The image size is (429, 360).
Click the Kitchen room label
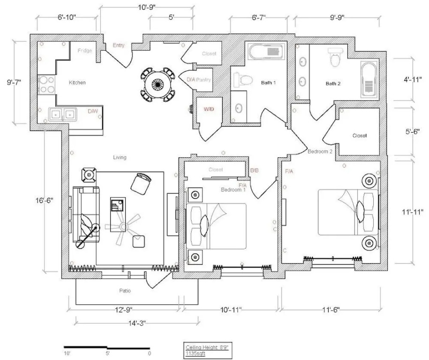click(x=77, y=82)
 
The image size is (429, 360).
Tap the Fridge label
click(x=85, y=51)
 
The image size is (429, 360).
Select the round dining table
click(x=158, y=85)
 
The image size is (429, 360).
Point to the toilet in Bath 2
click(x=335, y=58)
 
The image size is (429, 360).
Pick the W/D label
click(x=209, y=109)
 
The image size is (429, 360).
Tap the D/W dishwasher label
click(x=93, y=112)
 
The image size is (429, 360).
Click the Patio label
click(x=124, y=291)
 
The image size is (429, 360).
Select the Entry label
click(x=119, y=45)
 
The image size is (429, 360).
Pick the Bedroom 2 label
click(x=320, y=151)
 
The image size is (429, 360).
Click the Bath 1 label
click(x=268, y=83)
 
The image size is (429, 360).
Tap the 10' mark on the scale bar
click(x=67, y=353)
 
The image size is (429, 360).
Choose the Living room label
click(x=120, y=157)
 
